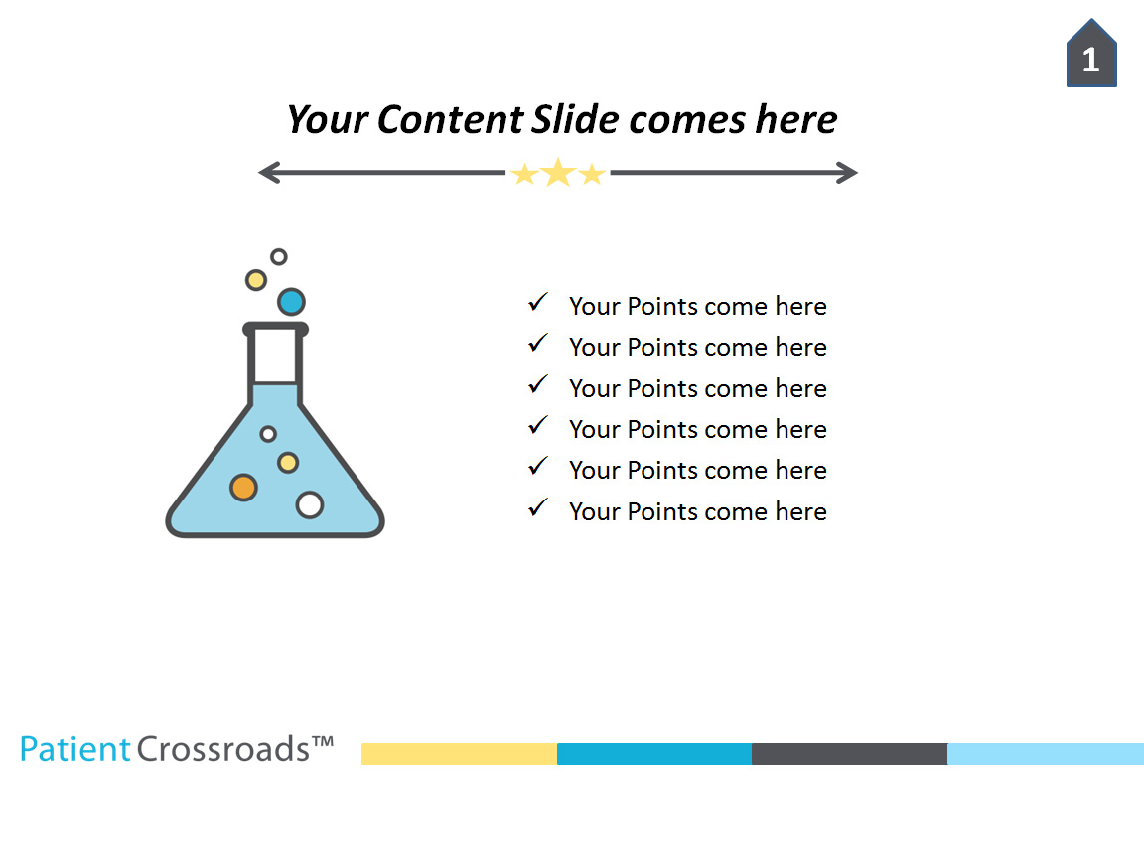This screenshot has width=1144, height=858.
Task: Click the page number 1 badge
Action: click(x=1091, y=58)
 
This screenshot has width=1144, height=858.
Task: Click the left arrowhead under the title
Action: click(x=266, y=173)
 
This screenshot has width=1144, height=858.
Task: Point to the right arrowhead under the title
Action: click(x=849, y=173)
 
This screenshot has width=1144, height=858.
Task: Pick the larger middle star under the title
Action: click(x=558, y=173)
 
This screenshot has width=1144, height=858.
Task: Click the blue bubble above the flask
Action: click(x=291, y=301)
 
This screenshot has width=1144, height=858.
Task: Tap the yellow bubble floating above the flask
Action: click(x=256, y=280)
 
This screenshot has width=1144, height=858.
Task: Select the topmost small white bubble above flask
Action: click(x=279, y=256)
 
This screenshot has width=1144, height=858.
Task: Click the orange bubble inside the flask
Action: click(x=243, y=488)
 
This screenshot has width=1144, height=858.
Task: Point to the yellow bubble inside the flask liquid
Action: click(x=288, y=462)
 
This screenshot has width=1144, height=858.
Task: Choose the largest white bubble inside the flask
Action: click(x=310, y=504)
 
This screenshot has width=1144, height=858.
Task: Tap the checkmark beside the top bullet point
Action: click(x=538, y=302)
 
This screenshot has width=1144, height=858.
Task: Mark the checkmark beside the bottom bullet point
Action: click(x=538, y=507)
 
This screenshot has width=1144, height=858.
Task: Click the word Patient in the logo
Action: click(x=75, y=748)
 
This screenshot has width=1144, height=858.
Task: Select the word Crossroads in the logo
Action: click(x=223, y=748)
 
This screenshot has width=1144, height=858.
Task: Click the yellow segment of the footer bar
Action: click(x=459, y=754)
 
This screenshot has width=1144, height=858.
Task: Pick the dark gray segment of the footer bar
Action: click(x=849, y=754)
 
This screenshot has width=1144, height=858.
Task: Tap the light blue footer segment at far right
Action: click(x=1045, y=754)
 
